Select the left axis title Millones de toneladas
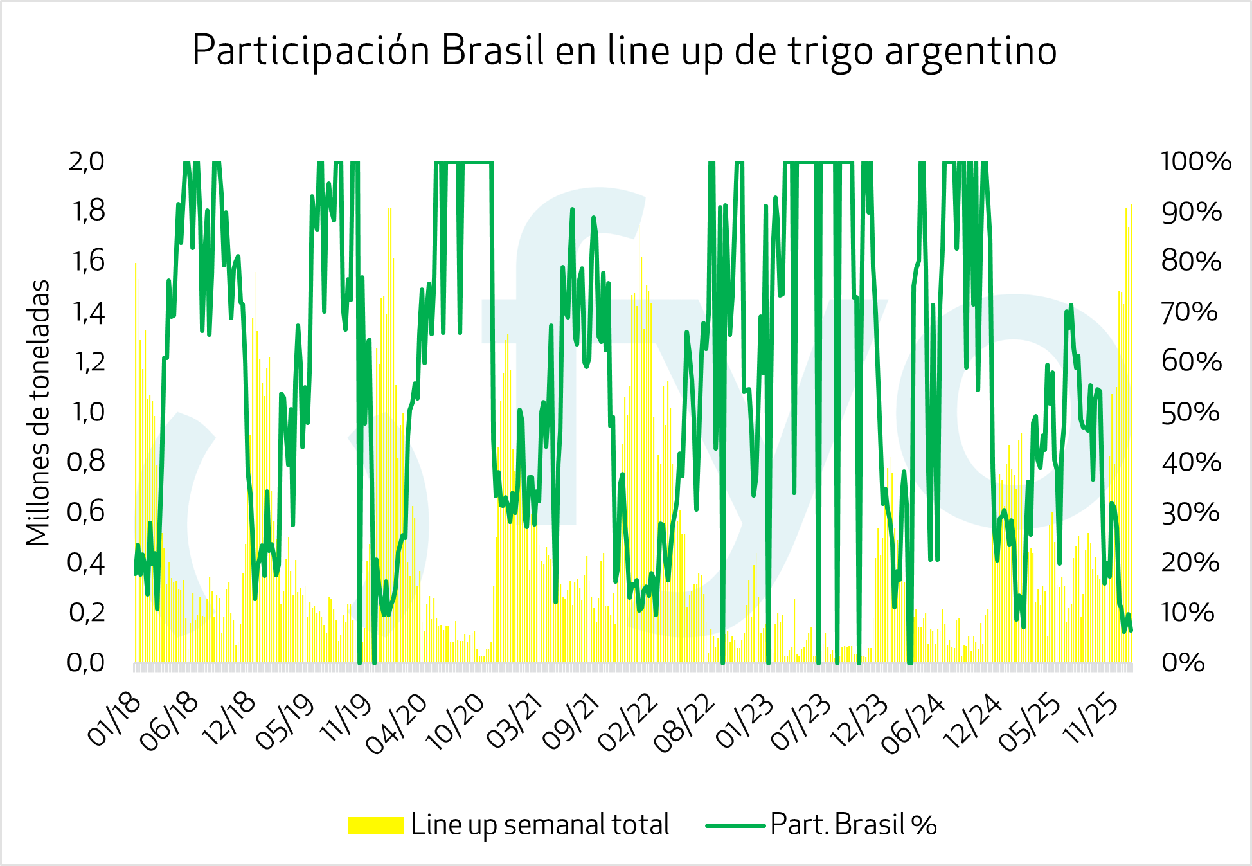(39, 412)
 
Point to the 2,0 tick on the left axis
(87, 161)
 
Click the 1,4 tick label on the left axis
(87, 312)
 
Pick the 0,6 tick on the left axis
(87, 512)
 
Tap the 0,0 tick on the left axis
(87, 662)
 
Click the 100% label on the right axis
(1195, 161)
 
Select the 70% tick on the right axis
(1190, 312)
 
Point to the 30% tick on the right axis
(1190, 513)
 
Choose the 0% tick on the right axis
(1183, 662)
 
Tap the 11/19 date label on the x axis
(346, 720)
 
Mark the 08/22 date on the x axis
(684, 723)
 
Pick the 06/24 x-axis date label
(913, 723)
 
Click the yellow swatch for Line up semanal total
(375, 825)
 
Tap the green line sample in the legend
(735, 825)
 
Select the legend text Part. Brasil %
(854, 825)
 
